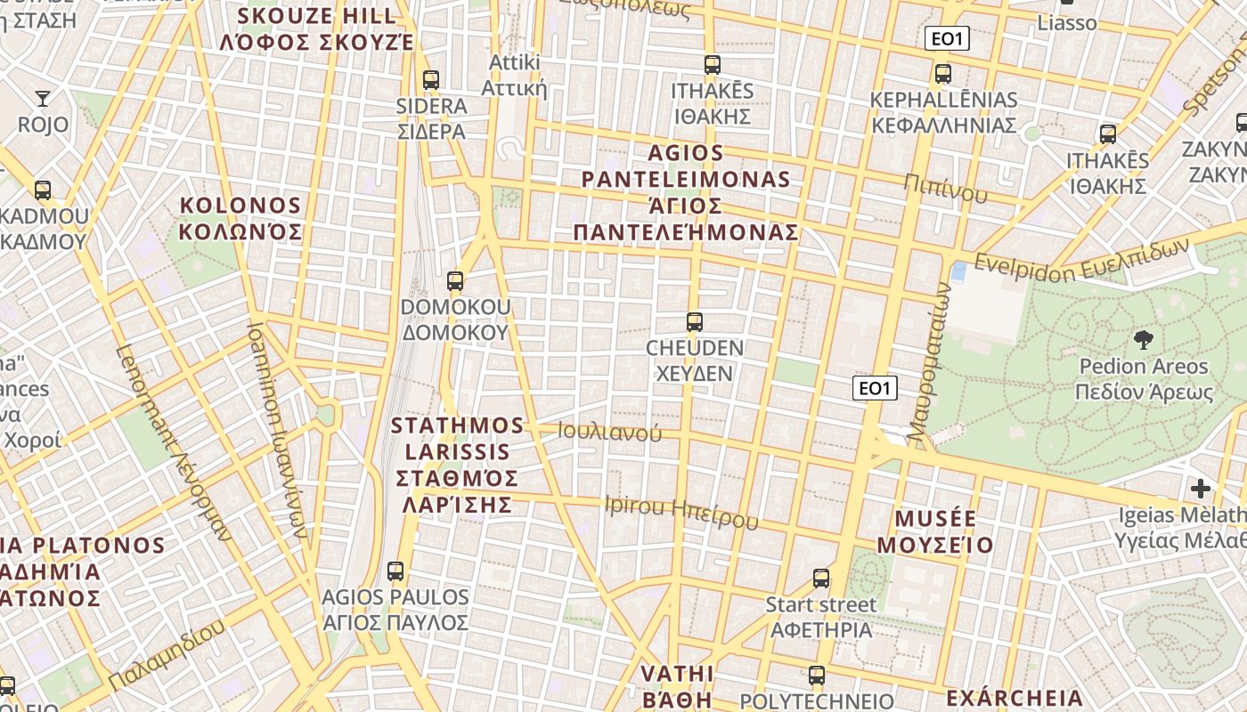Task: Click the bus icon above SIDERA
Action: pyautogui.click(x=431, y=80)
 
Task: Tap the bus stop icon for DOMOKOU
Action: pyautogui.click(x=455, y=281)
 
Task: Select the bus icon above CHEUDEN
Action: pyautogui.click(x=695, y=322)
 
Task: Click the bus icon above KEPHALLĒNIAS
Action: pyautogui.click(x=943, y=74)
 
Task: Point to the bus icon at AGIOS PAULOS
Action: pyautogui.click(x=395, y=571)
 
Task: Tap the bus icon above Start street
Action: pyautogui.click(x=821, y=578)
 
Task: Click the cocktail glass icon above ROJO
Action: pyautogui.click(x=43, y=98)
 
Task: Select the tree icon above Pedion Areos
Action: pyautogui.click(x=1143, y=339)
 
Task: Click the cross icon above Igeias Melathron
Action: pyautogui.click(x=1201, y=488)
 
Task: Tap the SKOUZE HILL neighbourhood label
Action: pyautogui.click(x=317, y=28)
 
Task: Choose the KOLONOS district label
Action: pyautogui.click(x=240, y=219)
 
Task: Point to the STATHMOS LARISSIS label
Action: pyautogui.click(x=458, y=465)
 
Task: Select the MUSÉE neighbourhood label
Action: pyautogui.click(x=935, y=531)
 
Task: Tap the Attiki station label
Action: pyautogui.click(x=514, y=76)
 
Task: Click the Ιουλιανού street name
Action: pyautogui.click(x=610, y=433)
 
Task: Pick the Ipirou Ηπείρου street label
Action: pyautogui.click(x=681, y=510)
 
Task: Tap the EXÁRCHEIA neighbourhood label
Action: pyautogui.click(x=1015, y=698)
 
